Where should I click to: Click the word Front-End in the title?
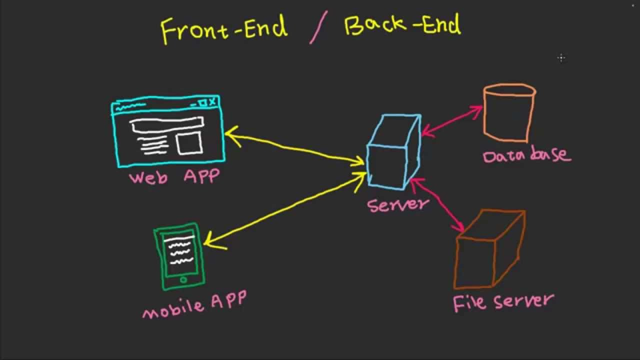224,28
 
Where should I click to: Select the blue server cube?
393,152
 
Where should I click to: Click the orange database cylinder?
508,114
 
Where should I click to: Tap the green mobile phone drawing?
179,256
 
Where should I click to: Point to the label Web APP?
173,177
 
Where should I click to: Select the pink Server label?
397,204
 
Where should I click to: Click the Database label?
526,154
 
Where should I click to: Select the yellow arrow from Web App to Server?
295,148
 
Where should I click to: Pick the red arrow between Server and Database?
452,120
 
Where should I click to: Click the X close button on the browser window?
212,102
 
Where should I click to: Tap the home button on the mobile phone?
183,280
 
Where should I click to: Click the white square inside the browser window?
189,143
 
